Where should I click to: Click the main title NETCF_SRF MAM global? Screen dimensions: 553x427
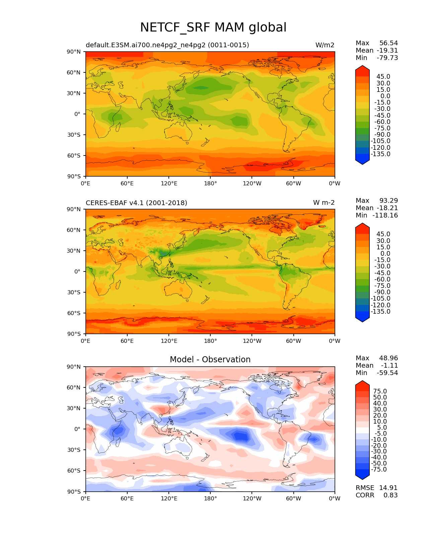213,27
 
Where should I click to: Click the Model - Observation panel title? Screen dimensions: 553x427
210,360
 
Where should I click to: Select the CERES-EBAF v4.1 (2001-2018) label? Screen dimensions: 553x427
136,203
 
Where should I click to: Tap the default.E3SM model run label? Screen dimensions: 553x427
167,45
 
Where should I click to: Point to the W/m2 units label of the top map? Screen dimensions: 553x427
325,45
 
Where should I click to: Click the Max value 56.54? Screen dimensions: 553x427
388,43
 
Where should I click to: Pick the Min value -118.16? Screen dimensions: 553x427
387,216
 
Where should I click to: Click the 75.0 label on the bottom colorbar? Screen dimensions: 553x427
380,391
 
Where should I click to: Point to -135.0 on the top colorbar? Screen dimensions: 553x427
380,154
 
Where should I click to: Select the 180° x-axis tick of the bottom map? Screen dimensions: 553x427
210,498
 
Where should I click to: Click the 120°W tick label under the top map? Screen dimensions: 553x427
252,183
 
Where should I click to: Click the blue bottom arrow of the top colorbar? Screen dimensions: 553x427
362,161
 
